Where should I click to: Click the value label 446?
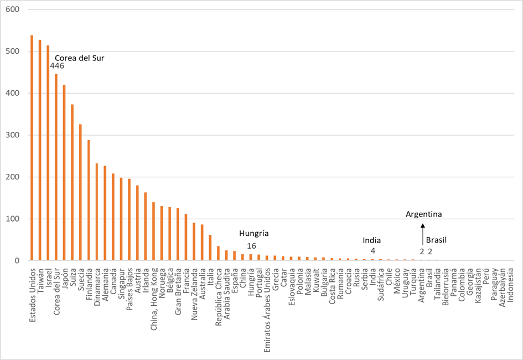pyautogui.click(x=57, y=66)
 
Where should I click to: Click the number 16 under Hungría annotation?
pyautogui.click(x=251, y=246)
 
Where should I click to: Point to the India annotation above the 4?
pyautogui.click(x=371, y=240)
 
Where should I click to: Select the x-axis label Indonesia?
pyautogui.click(x=510, y=286)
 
